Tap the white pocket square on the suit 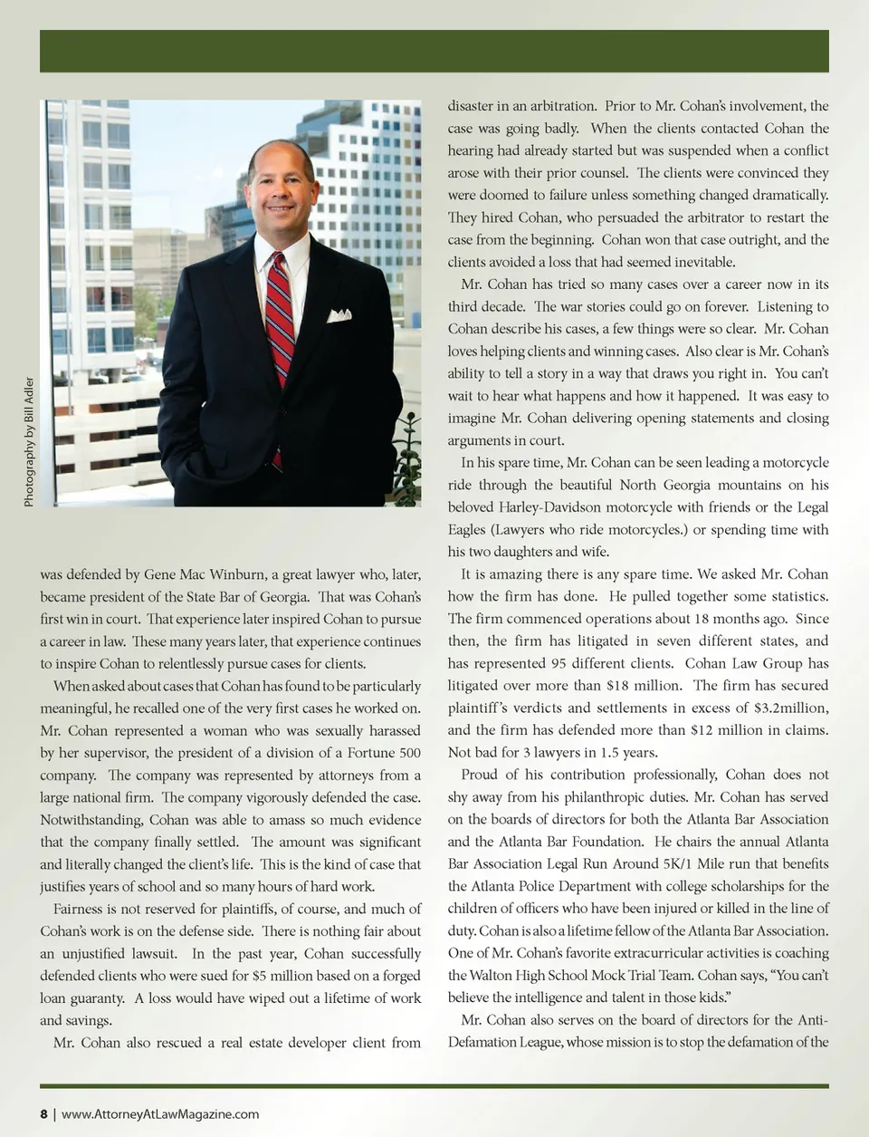339,315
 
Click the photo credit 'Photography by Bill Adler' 29,442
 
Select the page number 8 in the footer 43,1113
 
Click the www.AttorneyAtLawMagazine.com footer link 160,1113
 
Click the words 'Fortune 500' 385,753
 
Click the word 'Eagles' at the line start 468,530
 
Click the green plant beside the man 409,462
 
